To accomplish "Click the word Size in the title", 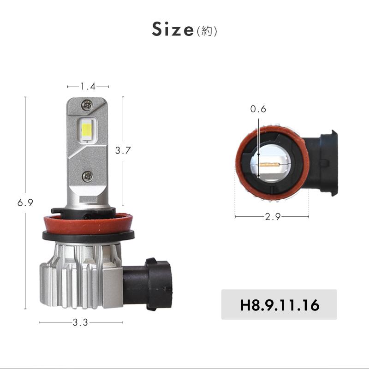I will pos(173,30).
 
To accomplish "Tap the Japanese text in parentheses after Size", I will pos(207,31).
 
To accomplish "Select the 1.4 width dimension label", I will pos(88,86).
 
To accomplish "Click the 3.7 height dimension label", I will pos(123,150).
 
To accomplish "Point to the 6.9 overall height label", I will pos(25,202).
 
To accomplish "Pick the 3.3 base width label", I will pos(80,323).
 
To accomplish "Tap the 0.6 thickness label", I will pos(258,109).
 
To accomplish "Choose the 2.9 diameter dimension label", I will pos(273,216).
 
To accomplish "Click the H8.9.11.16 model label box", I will pos(279,305).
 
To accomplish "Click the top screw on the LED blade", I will pos(86,105).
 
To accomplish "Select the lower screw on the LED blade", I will pos(87,175).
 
